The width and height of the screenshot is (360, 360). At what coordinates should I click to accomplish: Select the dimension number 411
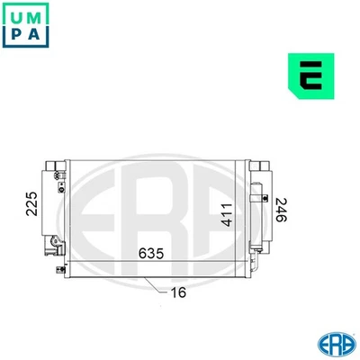(229, 214)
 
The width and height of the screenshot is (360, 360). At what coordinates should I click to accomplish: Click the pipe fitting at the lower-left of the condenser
(58, 243)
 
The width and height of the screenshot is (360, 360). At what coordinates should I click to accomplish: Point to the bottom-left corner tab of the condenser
(64, 267)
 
